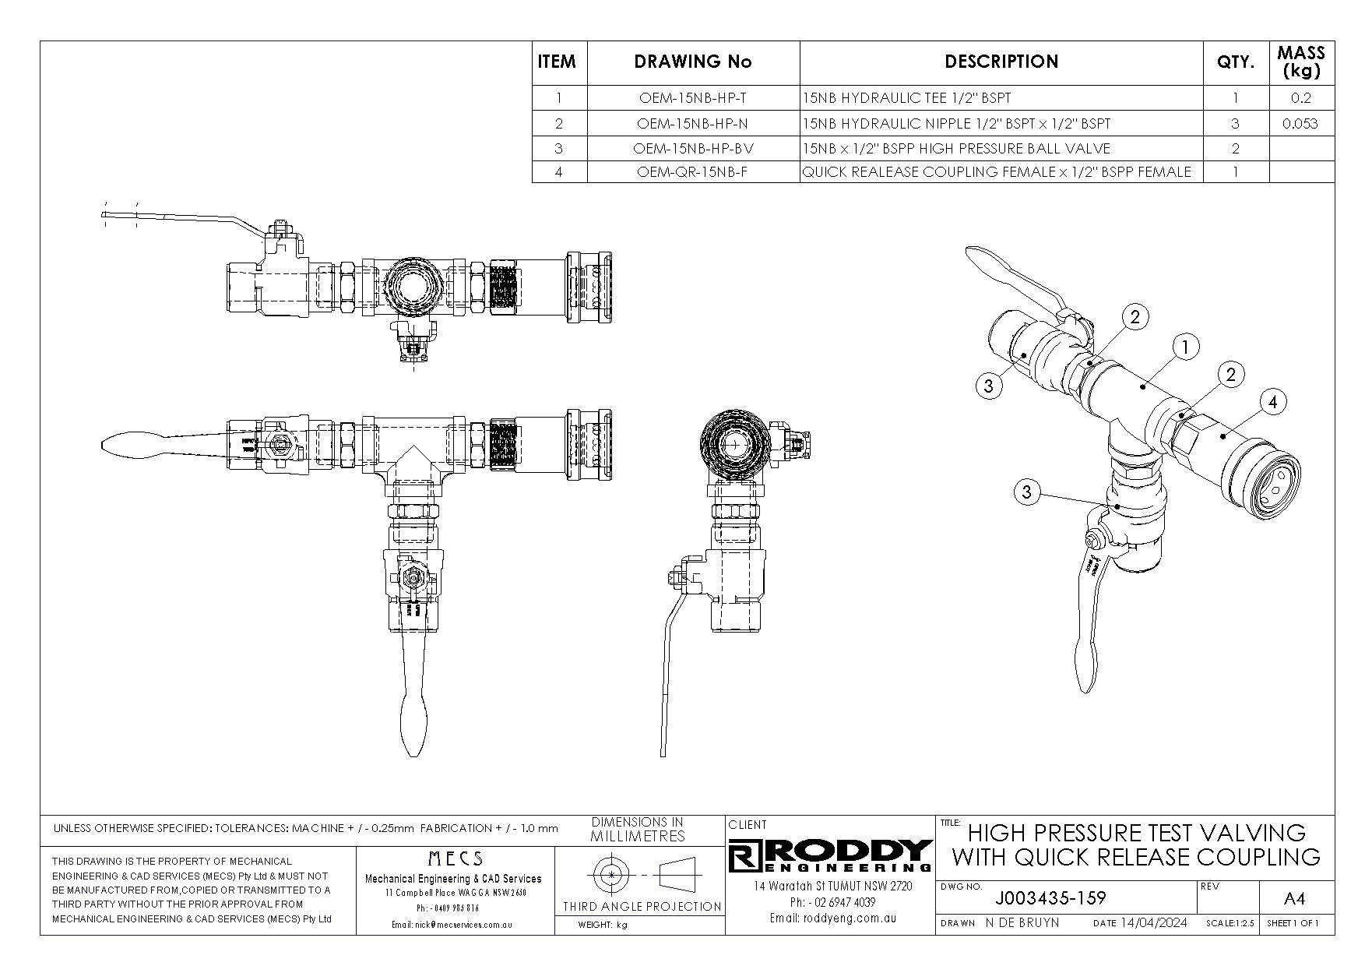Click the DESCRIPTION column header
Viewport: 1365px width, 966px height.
(x=1001, y=62)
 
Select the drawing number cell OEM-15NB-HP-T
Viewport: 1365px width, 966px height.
(x=692, y=98)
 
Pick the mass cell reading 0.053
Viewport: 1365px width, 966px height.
(x=1300, y=123)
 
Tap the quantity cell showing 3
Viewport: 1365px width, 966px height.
(x=1235, y=123)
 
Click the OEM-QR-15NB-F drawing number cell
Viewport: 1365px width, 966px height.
(x=692, y=171)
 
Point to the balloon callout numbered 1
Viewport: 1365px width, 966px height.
(x=1185, y=347)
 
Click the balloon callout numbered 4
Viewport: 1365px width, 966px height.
(x=1272, y=402)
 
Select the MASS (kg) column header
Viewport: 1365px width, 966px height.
(x=1300, y=62)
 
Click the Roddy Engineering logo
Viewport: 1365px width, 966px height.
(x=830, y=855)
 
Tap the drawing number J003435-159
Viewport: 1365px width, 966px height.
(x=1050, y=898)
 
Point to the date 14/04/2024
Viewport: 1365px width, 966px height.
(x=1153, y=923)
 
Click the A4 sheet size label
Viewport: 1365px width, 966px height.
(x=1293, y=899)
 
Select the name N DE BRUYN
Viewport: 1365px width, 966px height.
(x=1022, y=923)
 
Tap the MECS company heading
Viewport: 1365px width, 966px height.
(x=456, y=858)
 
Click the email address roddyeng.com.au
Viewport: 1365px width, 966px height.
(x=832, y=918)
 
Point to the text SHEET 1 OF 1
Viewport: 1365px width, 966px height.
(x=1293, y=923)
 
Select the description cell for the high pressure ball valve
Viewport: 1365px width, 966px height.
(x=956, y=148)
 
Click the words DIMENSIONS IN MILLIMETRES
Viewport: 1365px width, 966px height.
(x=638, y=830)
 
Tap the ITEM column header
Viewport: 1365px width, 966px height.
(x=558, y=62)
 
